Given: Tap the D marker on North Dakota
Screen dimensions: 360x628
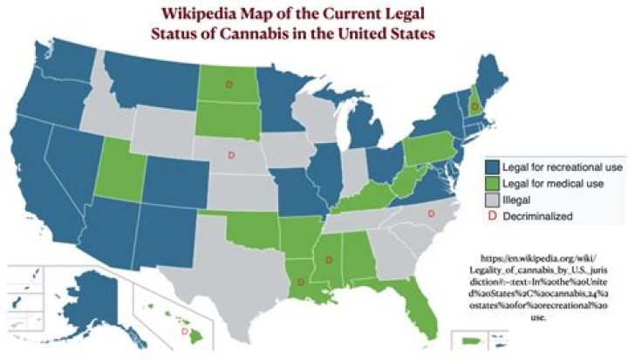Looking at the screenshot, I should pos(229,84).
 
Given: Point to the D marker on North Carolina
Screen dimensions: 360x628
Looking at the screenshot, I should pos(430,214).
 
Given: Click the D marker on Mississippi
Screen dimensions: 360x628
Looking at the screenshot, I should pos(329,259).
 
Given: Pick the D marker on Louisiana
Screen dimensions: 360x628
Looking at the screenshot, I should pos(300,282).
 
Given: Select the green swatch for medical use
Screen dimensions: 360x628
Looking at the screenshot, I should pos(492,184).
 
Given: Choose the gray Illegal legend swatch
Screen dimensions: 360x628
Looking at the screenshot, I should pos(492,200).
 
